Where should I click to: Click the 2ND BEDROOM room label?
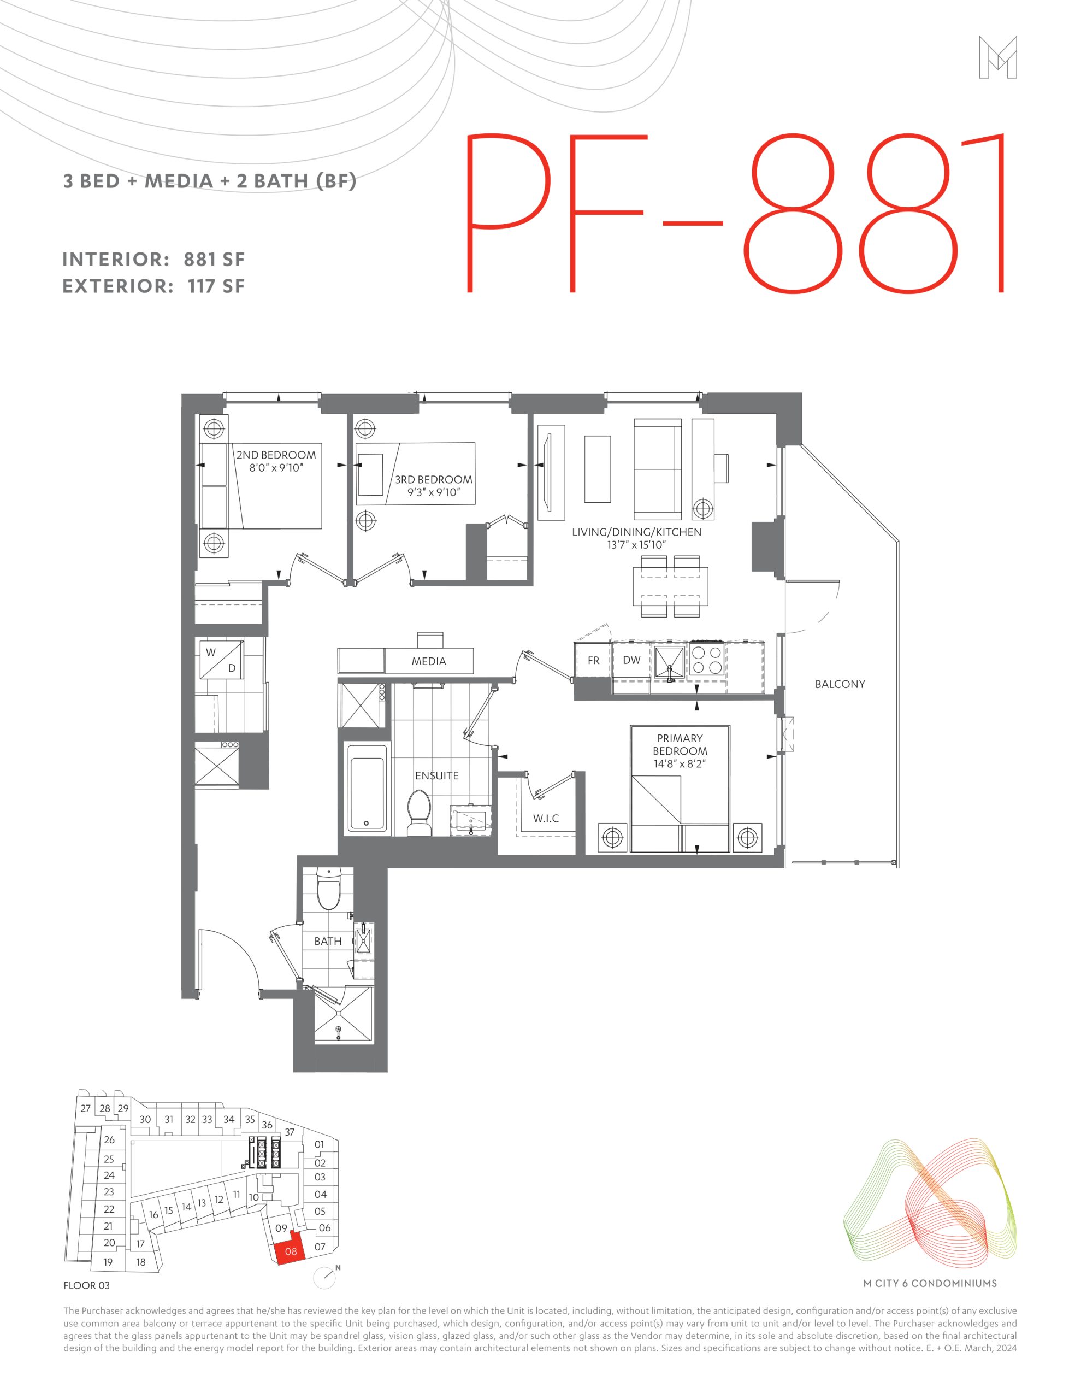(276, 455)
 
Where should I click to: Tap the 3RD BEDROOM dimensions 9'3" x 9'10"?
(434, 492)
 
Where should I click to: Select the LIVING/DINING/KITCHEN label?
(636, 532)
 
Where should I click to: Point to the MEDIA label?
(428, 661)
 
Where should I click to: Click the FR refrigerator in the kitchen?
(593, 660)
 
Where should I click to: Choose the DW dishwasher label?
(631, 660)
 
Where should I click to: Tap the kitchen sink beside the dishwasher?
(669, 662)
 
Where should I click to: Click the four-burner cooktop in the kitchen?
(707, 660)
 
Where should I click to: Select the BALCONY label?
(840, 684)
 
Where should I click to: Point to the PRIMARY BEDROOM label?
(680, 744)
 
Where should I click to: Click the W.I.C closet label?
(546, 818)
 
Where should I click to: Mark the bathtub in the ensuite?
(368, 789)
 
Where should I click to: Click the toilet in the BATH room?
(329, 889)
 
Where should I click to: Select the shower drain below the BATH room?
(339, 1030)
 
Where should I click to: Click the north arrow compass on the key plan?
(326, 1277)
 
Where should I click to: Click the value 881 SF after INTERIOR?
(215, 260)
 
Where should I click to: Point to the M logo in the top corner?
(998, 57)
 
